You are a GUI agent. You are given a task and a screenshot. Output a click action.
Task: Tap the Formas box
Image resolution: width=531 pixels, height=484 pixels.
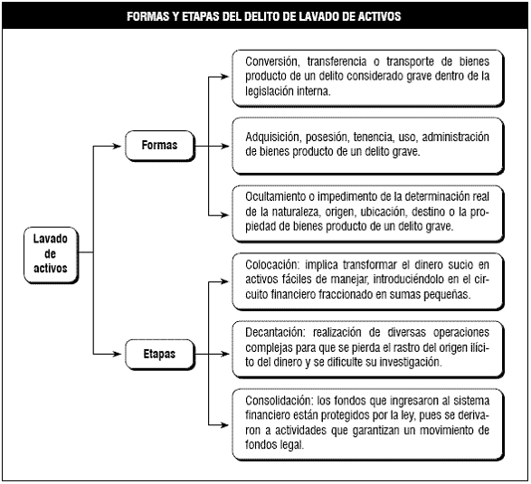point(160,146)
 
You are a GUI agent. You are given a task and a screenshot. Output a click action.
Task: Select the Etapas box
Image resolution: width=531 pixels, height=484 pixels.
point(160,355)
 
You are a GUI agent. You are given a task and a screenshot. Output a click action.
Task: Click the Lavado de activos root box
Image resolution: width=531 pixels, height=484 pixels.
point(51,255)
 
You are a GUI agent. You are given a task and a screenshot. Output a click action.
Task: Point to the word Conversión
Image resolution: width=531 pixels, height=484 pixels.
point(272,62)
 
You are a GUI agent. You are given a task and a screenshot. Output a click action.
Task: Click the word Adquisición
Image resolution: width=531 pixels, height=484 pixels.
point(273,138)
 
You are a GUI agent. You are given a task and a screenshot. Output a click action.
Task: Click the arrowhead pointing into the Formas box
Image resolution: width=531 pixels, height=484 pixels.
point(117,146)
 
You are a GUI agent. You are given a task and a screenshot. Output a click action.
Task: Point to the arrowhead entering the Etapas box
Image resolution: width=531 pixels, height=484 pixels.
point(117,355)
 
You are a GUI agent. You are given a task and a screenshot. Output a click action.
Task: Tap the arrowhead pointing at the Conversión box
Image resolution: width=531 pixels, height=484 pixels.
point(225,77)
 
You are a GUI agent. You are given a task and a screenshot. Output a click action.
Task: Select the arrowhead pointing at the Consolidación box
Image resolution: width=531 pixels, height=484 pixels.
point(225,424)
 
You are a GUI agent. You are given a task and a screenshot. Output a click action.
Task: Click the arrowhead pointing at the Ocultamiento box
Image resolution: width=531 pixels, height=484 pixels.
point(225,214)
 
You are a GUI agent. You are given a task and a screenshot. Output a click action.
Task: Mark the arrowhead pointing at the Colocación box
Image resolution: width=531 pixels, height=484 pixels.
point(225,281)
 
